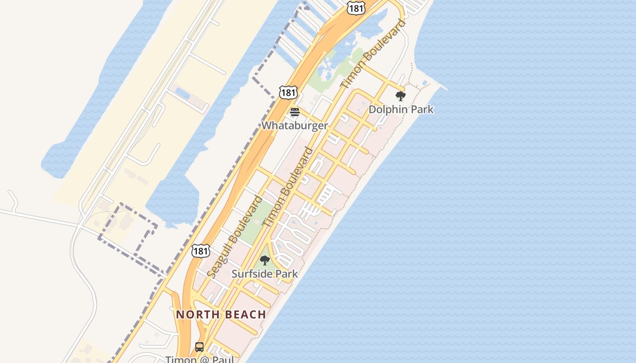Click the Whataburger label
[x=294, y=125]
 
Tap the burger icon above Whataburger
[x=295, y=112]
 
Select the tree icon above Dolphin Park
[x=400, y=96]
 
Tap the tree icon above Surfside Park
[x=264, y=260]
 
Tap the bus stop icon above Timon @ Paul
[x=199, y=347]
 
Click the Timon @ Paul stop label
[x=199, y=359]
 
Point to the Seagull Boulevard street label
[x=234, y=236]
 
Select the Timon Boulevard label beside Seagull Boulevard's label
[x=288, y=187]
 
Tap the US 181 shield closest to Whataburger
[x=288, y=93]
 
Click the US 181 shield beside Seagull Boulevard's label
[x=200, y=250]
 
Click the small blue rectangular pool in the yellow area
[x=183, y=93]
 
